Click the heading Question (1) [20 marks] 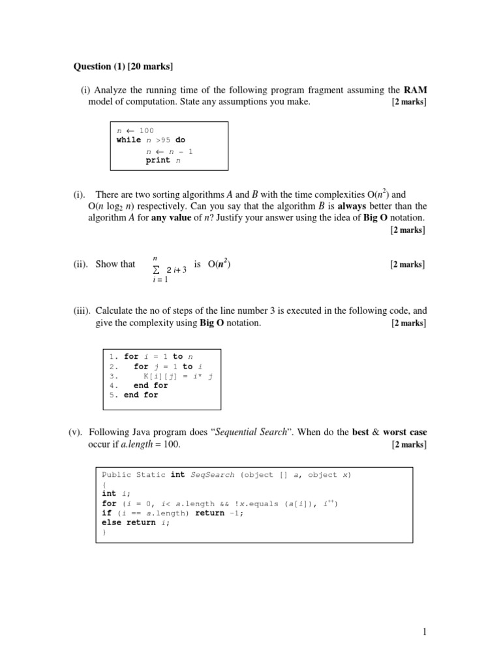[x=123, y=66]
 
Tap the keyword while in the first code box [x=129, y=140]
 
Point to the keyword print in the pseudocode [x=158, y=160]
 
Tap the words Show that [x=115, y=264]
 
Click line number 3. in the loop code [x=113, y=376]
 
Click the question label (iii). [x=81, y=311]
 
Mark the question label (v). [x=78, y=433]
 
